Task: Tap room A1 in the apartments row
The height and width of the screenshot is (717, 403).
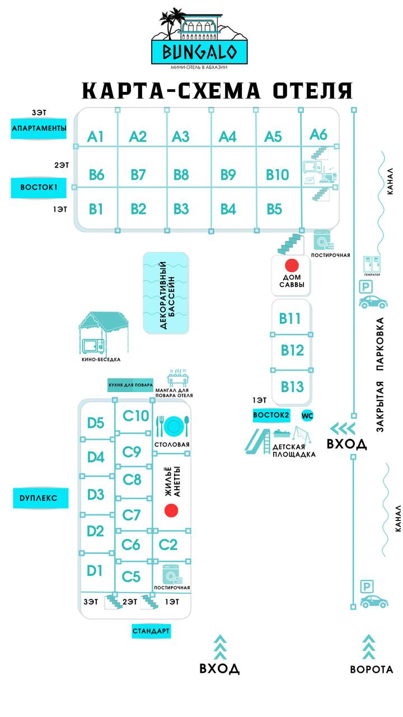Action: [x=96, y=136]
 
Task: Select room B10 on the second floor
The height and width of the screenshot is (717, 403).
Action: [x=277, y=174]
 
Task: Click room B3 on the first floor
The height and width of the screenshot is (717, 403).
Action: [x=181, y=209]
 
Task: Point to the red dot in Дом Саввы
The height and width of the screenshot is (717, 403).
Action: [x=292, y=265]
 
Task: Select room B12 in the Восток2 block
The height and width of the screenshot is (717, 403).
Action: [x=292, y=351]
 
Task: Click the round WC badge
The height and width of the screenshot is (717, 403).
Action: [x=307, y=416]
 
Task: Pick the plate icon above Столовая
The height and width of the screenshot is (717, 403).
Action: [x=173, y=426]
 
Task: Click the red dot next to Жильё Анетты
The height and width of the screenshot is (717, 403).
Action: [x=171, y=510]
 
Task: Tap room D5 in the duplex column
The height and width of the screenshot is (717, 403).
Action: [x=96, y=423]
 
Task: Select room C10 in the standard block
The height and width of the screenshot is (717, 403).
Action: [x=136, y=416]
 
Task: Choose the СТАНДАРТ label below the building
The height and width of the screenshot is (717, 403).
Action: [x=151, y=631]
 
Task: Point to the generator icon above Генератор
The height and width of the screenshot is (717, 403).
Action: [x=372, y=263]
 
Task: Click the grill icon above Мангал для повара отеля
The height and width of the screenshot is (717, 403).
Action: [x=177, y=375]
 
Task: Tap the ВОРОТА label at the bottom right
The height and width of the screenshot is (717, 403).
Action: [x=372, y=669]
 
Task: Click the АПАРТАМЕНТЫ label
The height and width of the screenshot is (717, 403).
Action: [x=39, y=129]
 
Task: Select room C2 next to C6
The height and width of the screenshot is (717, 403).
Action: [x=168, y=544]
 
